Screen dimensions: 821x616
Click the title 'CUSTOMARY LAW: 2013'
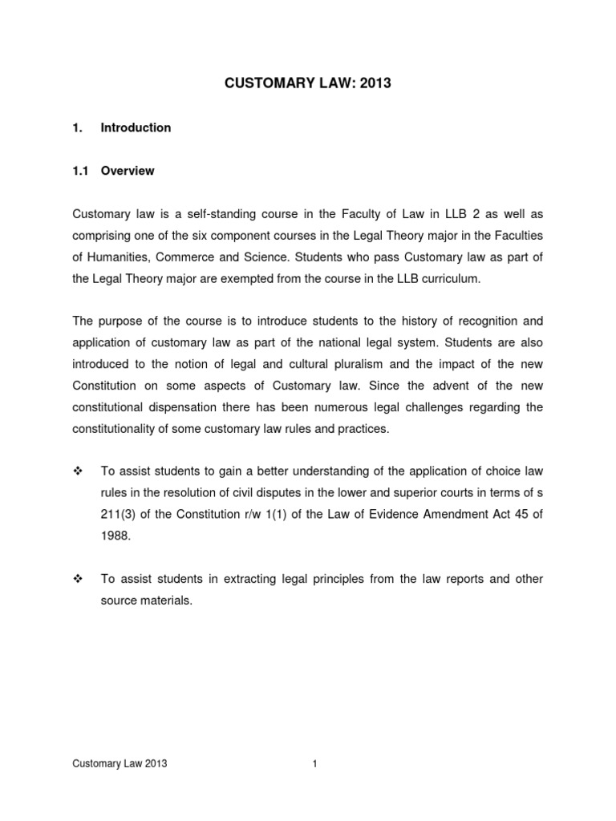click(x=307, y=83)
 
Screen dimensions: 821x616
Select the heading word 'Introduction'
click(x=136, y=127)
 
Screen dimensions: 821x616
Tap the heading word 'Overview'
click(x=128, y=171)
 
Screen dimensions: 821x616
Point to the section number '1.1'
click(x=81, y=171)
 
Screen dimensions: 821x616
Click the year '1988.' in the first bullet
click(x=115, y=536)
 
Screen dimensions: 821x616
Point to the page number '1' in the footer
click(x=315, y=764)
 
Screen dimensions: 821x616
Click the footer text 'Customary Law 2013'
click(x=120, y=764)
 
